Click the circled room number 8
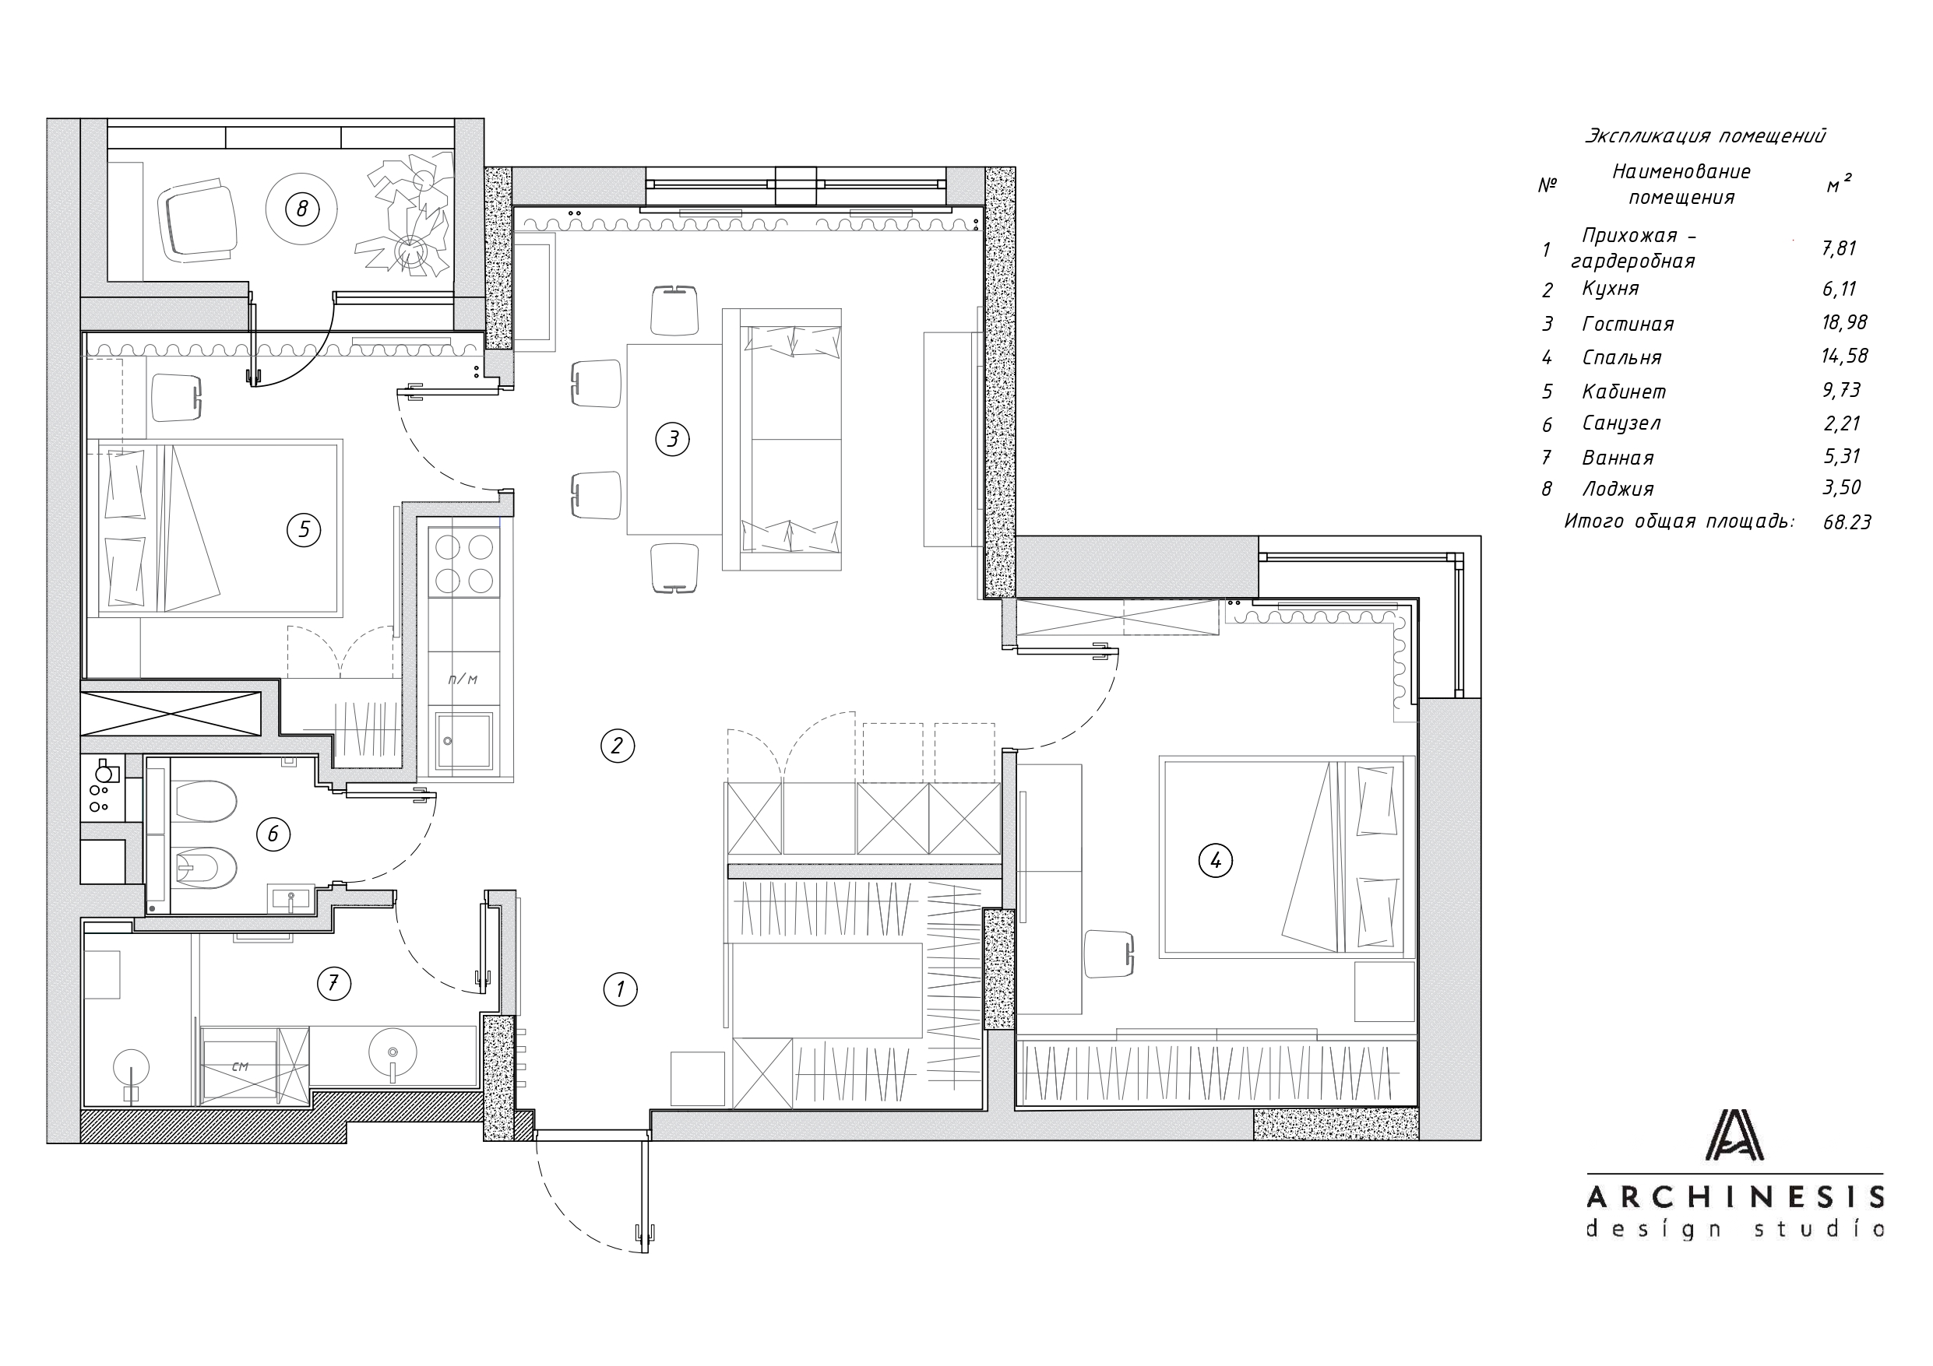[302, 208]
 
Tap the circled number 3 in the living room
[673, 438]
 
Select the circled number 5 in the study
[304, 529]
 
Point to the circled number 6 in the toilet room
[273, 834]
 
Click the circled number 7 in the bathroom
[333, 983]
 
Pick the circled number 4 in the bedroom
[1215, 860]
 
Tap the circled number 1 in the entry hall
[621, 989]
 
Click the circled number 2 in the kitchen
[617, 746]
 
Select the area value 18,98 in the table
[1844, 323]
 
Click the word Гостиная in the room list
[1628, 324]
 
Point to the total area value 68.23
[1847, 521]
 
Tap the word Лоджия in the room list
[1618, 489]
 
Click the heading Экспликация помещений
[1706, 135]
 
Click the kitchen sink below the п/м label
[464, 741]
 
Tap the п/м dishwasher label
[462, 679]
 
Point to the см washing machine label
[240, 1066]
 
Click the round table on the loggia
[302, 209]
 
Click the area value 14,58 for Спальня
[1844, 356]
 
